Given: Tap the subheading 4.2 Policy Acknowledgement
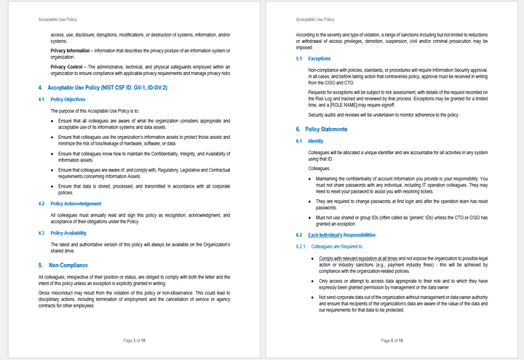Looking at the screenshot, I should (76, 204).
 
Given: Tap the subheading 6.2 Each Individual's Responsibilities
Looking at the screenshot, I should (341, 236).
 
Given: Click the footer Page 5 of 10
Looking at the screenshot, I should (135, 340).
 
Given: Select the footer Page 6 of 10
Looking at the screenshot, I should (392, 340).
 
